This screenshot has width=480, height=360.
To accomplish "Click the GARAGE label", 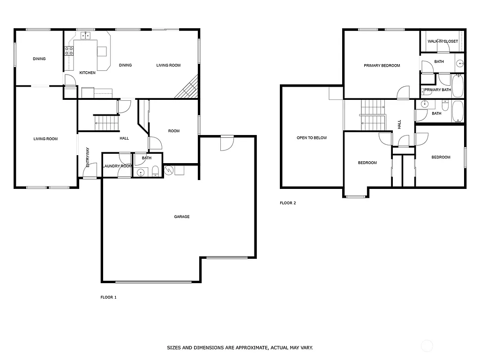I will click(182, 217).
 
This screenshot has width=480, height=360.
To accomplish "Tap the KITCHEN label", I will click(88, 73).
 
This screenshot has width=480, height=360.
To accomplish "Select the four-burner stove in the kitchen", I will click(68, 51).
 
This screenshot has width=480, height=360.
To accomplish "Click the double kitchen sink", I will click(86, 35).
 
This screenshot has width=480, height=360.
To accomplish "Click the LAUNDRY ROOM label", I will click(117, 166).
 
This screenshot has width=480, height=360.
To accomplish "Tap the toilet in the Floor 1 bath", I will click(156, 172).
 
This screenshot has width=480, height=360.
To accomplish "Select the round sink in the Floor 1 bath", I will click(140, 173).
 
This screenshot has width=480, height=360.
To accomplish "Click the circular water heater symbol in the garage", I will click(169, 170).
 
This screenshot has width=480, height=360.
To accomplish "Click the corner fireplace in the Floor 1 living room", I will click(187, 89).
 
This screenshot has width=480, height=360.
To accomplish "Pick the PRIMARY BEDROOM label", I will click(382, 66).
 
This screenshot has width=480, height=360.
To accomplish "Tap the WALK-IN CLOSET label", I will click(442, 41).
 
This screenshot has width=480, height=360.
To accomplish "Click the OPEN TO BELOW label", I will click(312, 138).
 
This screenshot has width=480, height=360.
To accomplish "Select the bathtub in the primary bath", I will click(457, 86).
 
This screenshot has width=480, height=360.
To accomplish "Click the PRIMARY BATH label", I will click(437, 90).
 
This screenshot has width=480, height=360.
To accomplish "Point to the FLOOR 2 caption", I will click(288, 203).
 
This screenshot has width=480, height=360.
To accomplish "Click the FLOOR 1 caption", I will click(108, 297).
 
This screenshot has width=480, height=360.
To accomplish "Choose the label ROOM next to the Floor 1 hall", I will click(174, 131).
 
